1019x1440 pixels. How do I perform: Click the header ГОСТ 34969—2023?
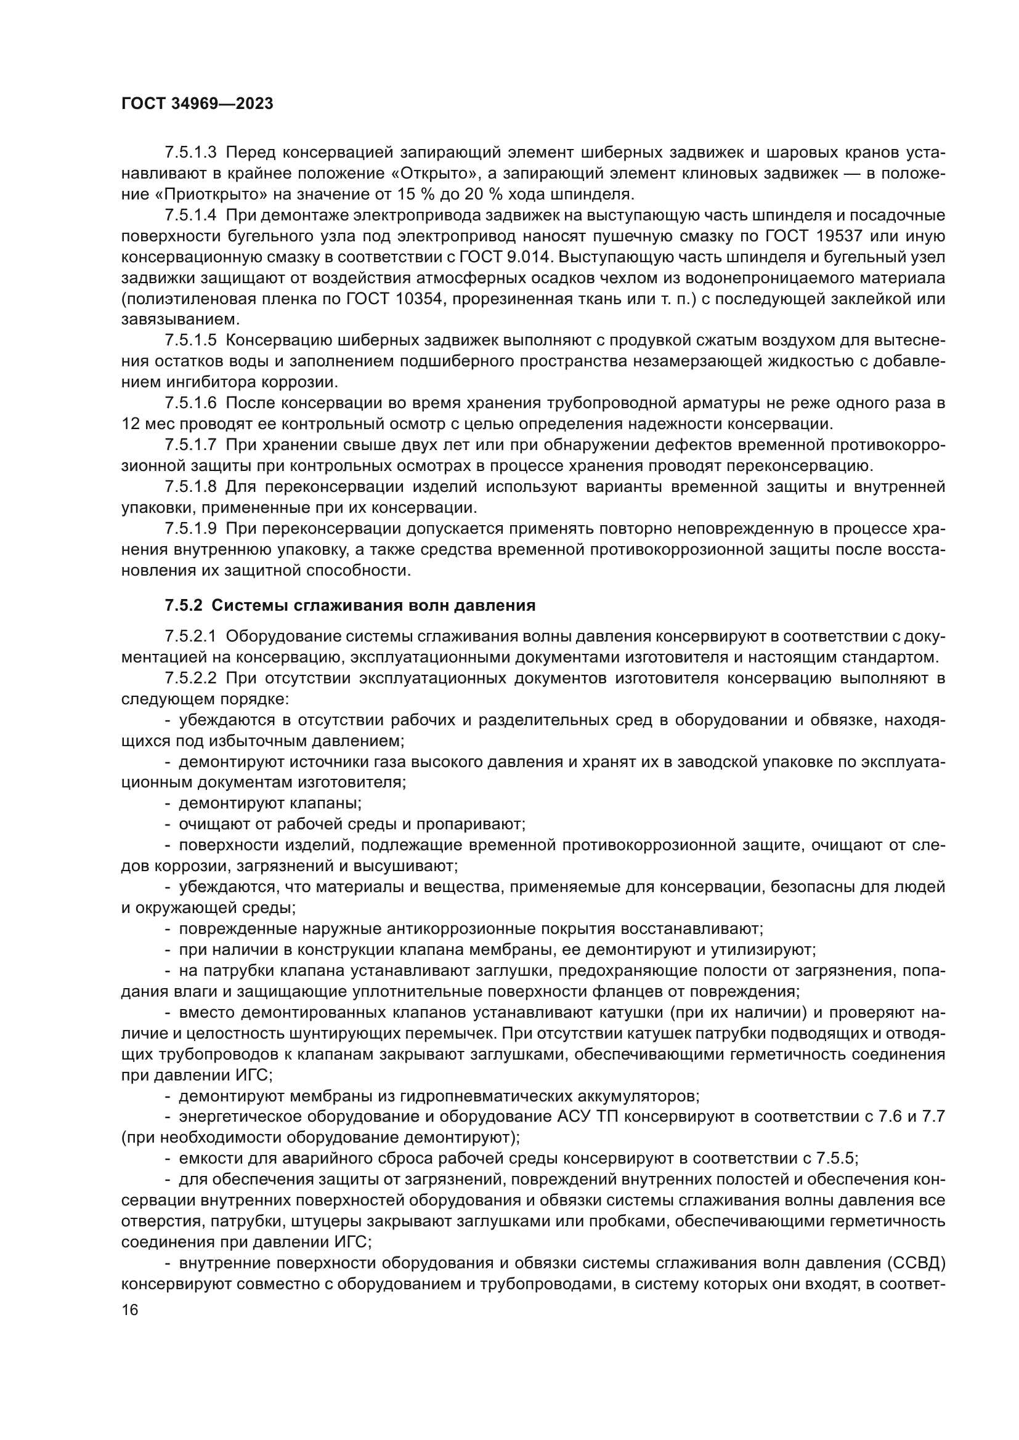(197, 104)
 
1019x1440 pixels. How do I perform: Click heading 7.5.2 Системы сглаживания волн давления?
(350, 605)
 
